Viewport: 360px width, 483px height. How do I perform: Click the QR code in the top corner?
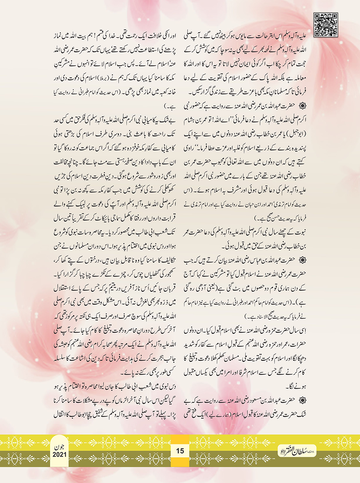(x=326, y=25)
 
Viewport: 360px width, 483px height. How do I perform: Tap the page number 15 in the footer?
(x=180, y=451)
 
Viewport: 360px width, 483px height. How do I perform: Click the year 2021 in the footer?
(x=60, y=455)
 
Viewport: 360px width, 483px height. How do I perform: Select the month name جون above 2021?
(x=60, y=447)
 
